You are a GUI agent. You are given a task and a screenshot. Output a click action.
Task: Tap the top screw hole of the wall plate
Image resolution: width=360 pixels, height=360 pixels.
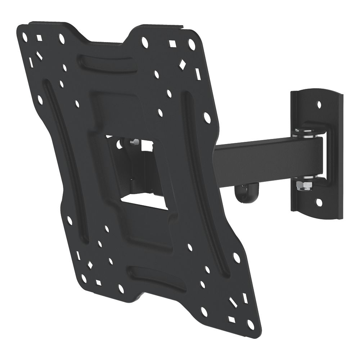[x=319, y=105]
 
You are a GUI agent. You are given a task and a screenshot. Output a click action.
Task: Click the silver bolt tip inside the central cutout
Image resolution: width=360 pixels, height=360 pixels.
[x=134, y=143]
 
